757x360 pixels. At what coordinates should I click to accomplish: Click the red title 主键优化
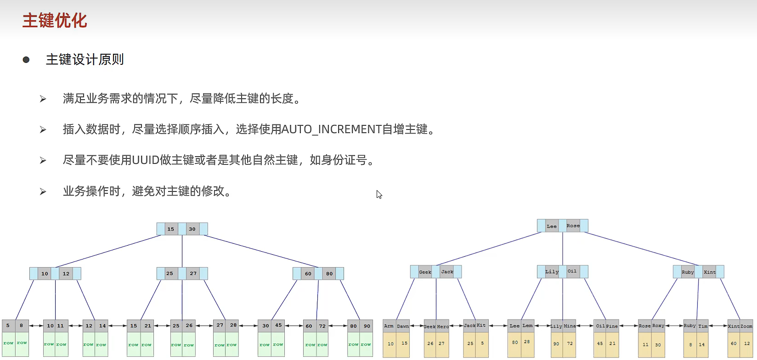pos(55,21)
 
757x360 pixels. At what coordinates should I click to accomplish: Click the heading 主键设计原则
pos(85,60)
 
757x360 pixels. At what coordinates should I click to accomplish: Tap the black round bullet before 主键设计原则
pos(26,60)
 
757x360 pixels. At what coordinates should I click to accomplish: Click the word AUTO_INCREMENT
pos(331,129)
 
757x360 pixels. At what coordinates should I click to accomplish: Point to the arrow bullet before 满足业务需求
pos(43,99)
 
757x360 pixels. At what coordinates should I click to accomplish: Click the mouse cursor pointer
pos(378,194)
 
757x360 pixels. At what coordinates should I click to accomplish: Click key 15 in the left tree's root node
pos(171,229)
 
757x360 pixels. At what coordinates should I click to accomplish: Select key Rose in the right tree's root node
pos(573,225)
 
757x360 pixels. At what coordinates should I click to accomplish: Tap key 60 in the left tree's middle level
pos(308,274)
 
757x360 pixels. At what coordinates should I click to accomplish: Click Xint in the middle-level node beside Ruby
pos(709,272)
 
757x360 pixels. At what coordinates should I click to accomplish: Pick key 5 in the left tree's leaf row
pos(8,326)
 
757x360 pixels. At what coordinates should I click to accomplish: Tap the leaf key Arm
pos(389,326)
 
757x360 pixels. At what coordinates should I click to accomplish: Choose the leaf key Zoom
pos(746,326)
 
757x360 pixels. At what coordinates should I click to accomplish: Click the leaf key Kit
pos(481,326)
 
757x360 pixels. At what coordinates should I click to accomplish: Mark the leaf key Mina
pos(570,326)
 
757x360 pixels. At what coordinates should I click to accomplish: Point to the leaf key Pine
pos(612,326)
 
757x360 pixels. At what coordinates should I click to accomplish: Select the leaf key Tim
pos(703,326)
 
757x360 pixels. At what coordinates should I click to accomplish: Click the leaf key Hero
pos(443,326)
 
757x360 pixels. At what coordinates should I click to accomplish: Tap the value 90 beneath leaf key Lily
pos(556,343)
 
